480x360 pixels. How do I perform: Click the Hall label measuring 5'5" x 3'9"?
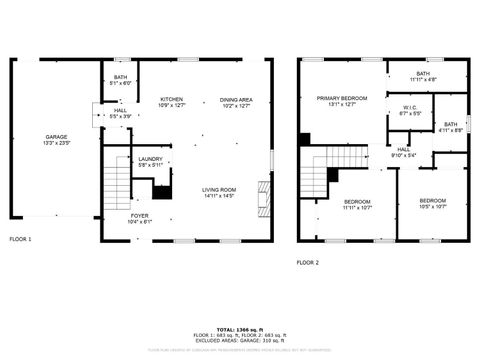tap(119, 113)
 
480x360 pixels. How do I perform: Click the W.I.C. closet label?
tap(410, 110)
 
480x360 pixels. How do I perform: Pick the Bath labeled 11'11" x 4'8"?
tap(423, 75)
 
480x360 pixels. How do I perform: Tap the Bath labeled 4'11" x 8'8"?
tap(451, 127)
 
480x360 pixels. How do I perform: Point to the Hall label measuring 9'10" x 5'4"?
tap(403, 152)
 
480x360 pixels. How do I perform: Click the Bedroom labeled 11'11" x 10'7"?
tap(330, 204)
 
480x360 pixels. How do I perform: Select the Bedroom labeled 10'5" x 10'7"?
tap(433, 204)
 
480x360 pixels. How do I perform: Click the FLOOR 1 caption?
tap(21, 240)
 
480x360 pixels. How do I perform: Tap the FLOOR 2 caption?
tap(307, 262)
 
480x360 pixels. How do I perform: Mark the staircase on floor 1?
tap(117, 184)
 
